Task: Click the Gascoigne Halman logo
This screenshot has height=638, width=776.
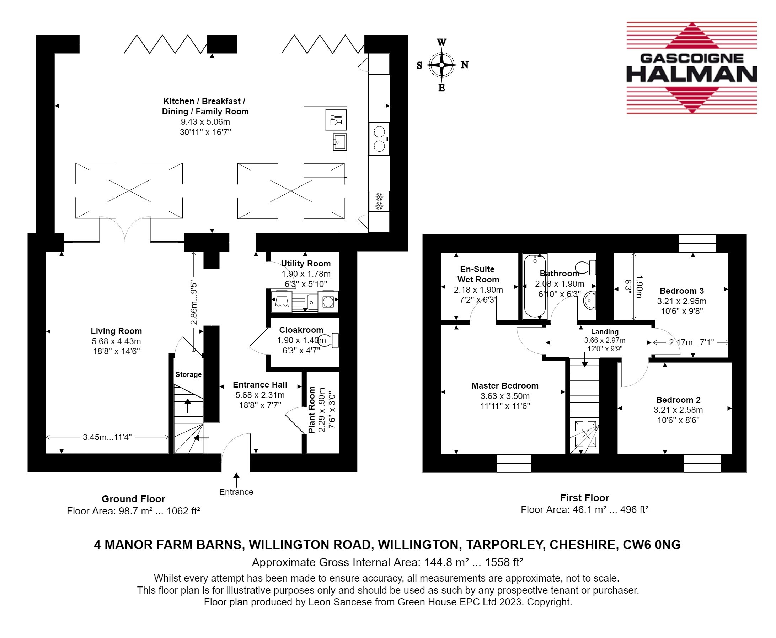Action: pyautogui.click(x=691, y=68)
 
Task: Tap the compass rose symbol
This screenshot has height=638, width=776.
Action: pyautogui.click(x=442, y=65)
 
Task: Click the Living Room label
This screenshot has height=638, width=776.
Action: pyautogui.click(x=116, y=331)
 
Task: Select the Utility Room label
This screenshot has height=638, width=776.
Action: pyautogui.click(x=306, y=264)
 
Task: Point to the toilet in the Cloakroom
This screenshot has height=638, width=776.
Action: pyautogui.click(x=329, y=340)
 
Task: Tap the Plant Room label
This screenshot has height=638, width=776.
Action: pyautogui.click(x=312, y=410)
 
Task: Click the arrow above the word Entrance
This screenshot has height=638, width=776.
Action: pyautogui.click(x=236, y=480)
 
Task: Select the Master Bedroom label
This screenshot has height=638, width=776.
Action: pyautogui.click(x=505, y=386)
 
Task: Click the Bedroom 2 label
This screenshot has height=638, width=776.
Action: pyautogui.click(x=678, y=400)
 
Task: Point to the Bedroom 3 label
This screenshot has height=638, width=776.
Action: pyautogui.click(x=681, y=291)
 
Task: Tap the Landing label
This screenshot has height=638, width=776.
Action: pyautogui.click(x=605, y=332)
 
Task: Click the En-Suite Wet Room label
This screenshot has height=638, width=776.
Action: pyautogui.click(x=478, y=274)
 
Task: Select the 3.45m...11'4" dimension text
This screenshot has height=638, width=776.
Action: pyautogui.click(x=107, y=437)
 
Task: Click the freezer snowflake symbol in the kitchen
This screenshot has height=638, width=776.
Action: pyautogui.click(x=379, y=201)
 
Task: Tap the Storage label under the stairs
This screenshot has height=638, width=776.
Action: pyautogui.click(x=188, y=374)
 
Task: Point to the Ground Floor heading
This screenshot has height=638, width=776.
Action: pyautogui.click(x=133, y=499)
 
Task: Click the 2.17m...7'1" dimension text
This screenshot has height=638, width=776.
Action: pyautogui.click(x=691, y=342)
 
